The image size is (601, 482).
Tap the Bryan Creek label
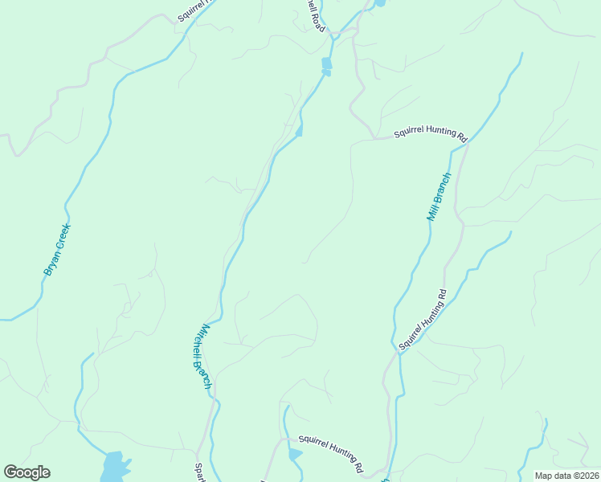point(57,250)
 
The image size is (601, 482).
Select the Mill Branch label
point(439,197)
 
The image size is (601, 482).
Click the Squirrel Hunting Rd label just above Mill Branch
point(431,134)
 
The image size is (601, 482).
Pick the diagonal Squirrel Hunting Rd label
point(422,320)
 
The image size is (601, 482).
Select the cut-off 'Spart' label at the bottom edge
point(200,472)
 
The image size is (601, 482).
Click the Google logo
point(27,472)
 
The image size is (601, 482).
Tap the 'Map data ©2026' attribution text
point(566,476)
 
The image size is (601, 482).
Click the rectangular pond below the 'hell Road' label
point(326,63)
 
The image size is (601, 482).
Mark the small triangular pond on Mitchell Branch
point(299,131)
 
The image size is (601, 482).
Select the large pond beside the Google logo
point(113,467)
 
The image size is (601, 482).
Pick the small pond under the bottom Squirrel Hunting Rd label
point(295,455)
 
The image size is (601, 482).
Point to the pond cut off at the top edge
point(379,3)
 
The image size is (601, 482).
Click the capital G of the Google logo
point(11,472)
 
